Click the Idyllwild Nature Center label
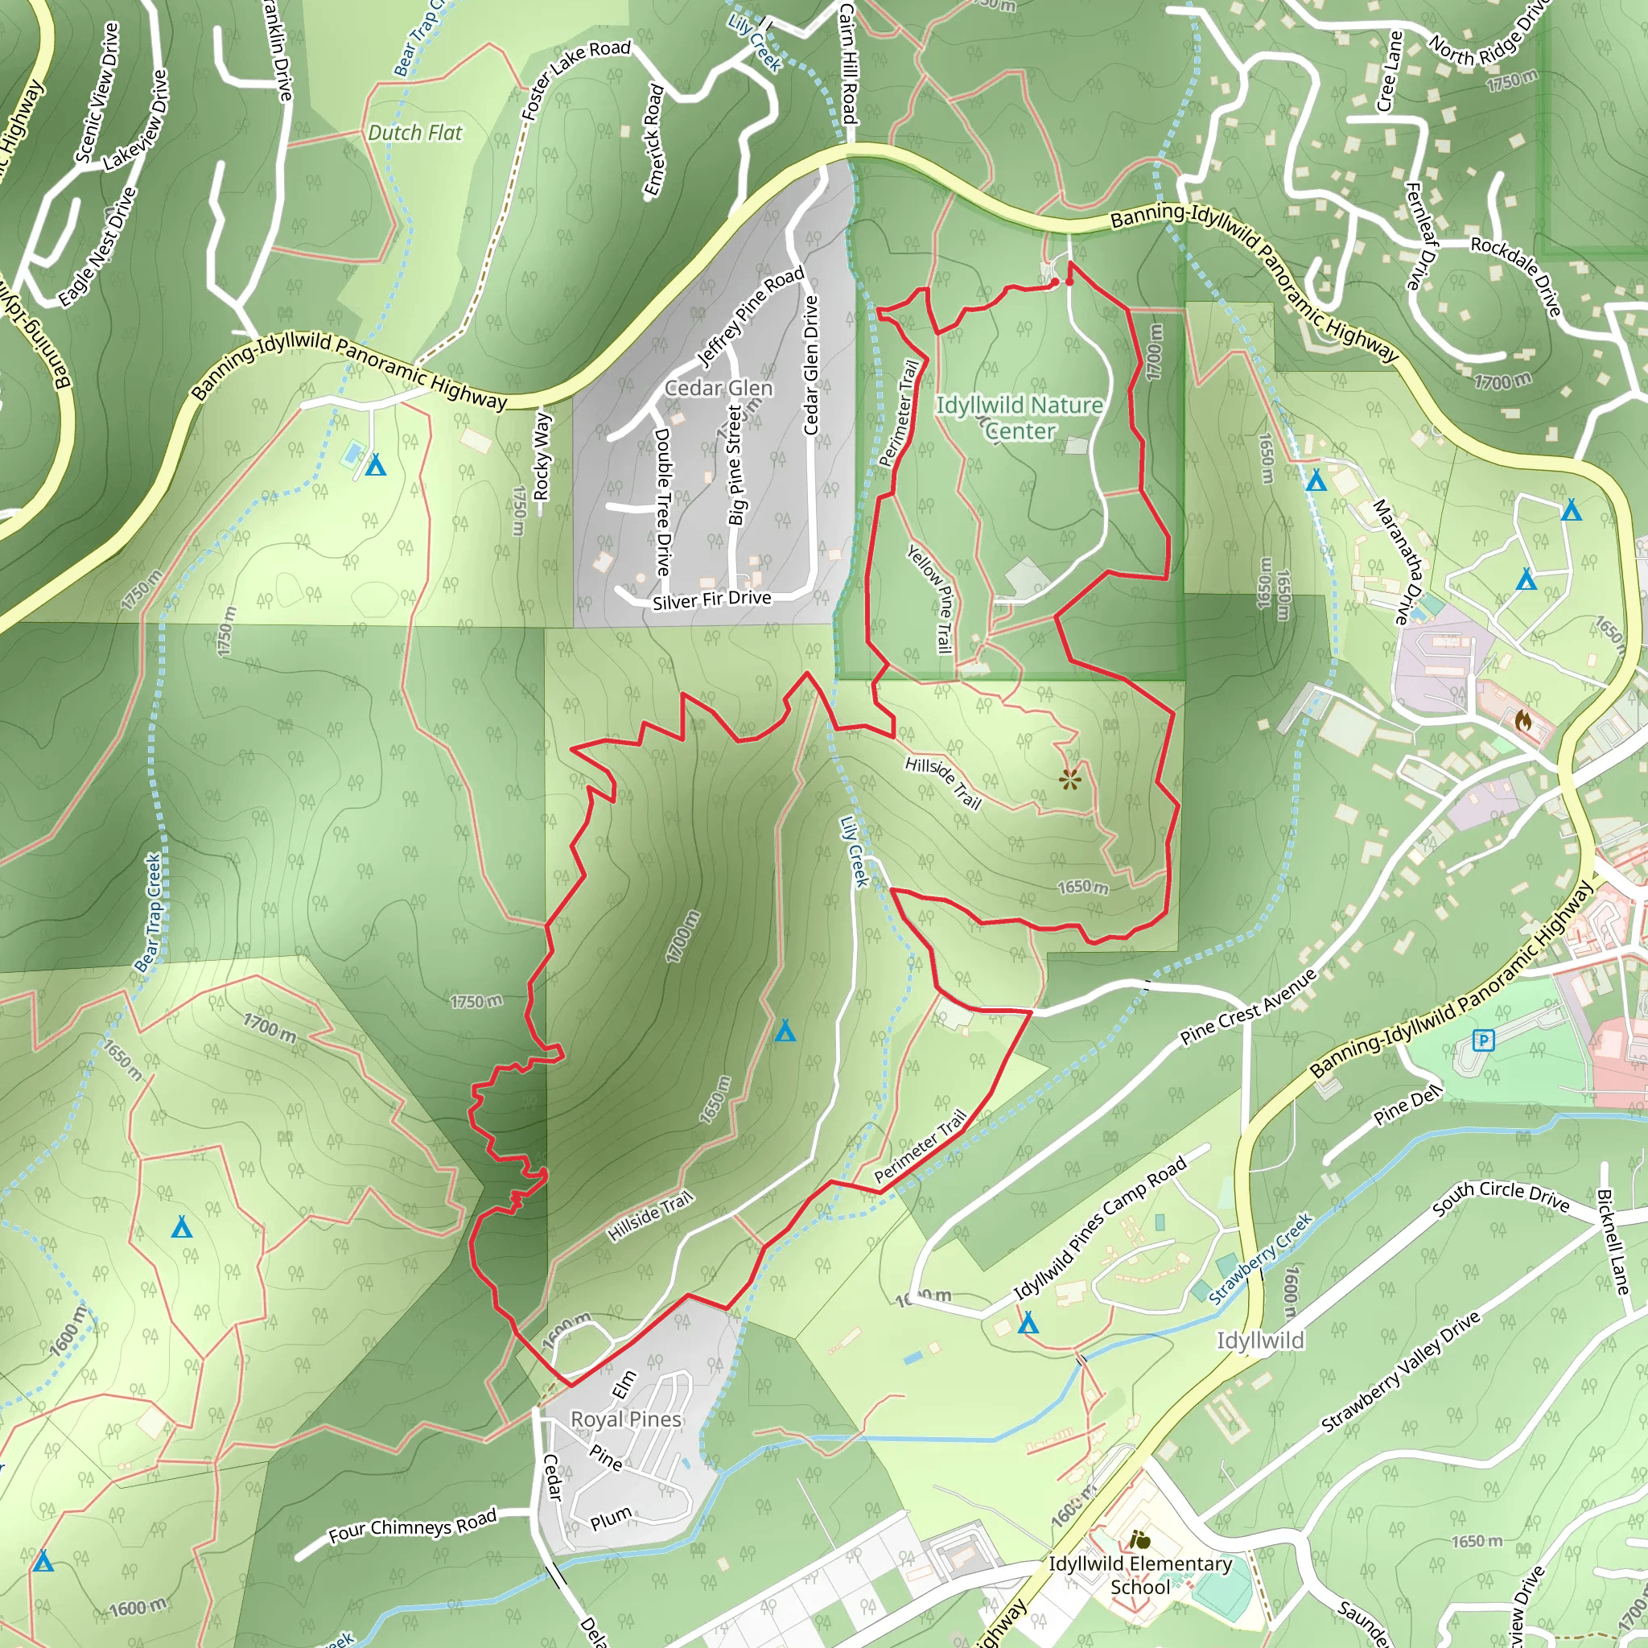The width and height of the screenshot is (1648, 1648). point(1020,418)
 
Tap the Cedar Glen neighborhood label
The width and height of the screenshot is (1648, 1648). point(719,388)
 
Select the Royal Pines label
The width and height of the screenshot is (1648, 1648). point(625,1419)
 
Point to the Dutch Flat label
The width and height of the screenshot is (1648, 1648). point(414,133)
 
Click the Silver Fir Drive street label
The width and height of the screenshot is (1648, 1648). point(711,600)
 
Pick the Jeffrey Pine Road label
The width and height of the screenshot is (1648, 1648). point(751,315)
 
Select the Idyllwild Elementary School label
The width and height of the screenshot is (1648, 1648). point(1139,1575)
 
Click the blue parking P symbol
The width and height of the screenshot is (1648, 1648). point(1484,1040)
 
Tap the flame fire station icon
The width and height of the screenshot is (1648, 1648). point(1522,722)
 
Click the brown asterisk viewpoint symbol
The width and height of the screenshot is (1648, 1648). point(1069,778)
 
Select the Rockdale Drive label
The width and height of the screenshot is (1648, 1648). point(1516,274)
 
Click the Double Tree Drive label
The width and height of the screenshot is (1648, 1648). point(663,501)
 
